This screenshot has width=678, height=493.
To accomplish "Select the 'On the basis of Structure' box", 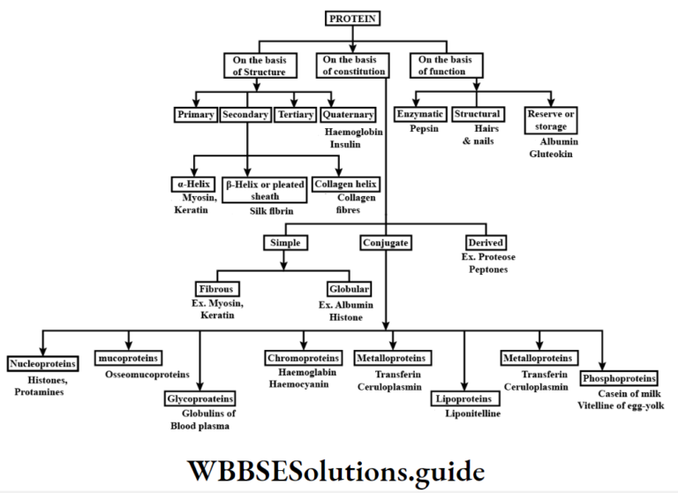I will coord(256,64).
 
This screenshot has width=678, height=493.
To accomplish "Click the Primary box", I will coord(194,115).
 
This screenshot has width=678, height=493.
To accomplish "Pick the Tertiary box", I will coord(295,115).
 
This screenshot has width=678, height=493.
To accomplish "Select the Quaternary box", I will coord(348,115).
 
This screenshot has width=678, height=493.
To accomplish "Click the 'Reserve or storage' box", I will coord(552,120).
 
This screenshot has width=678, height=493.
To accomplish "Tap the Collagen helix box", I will coord(346,185).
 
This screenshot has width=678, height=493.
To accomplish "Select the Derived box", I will coord(488,242).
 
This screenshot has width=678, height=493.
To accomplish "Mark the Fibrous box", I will coord(217,289).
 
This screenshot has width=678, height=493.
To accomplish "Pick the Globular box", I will coord(348,289).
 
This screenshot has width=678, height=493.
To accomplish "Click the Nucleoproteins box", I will coord(42,363).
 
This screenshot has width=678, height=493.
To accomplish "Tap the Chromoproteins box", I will coord(303,358).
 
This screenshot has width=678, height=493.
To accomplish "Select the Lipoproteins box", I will coord(463,399).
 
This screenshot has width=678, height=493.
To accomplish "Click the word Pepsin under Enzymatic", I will coord(424,129).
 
